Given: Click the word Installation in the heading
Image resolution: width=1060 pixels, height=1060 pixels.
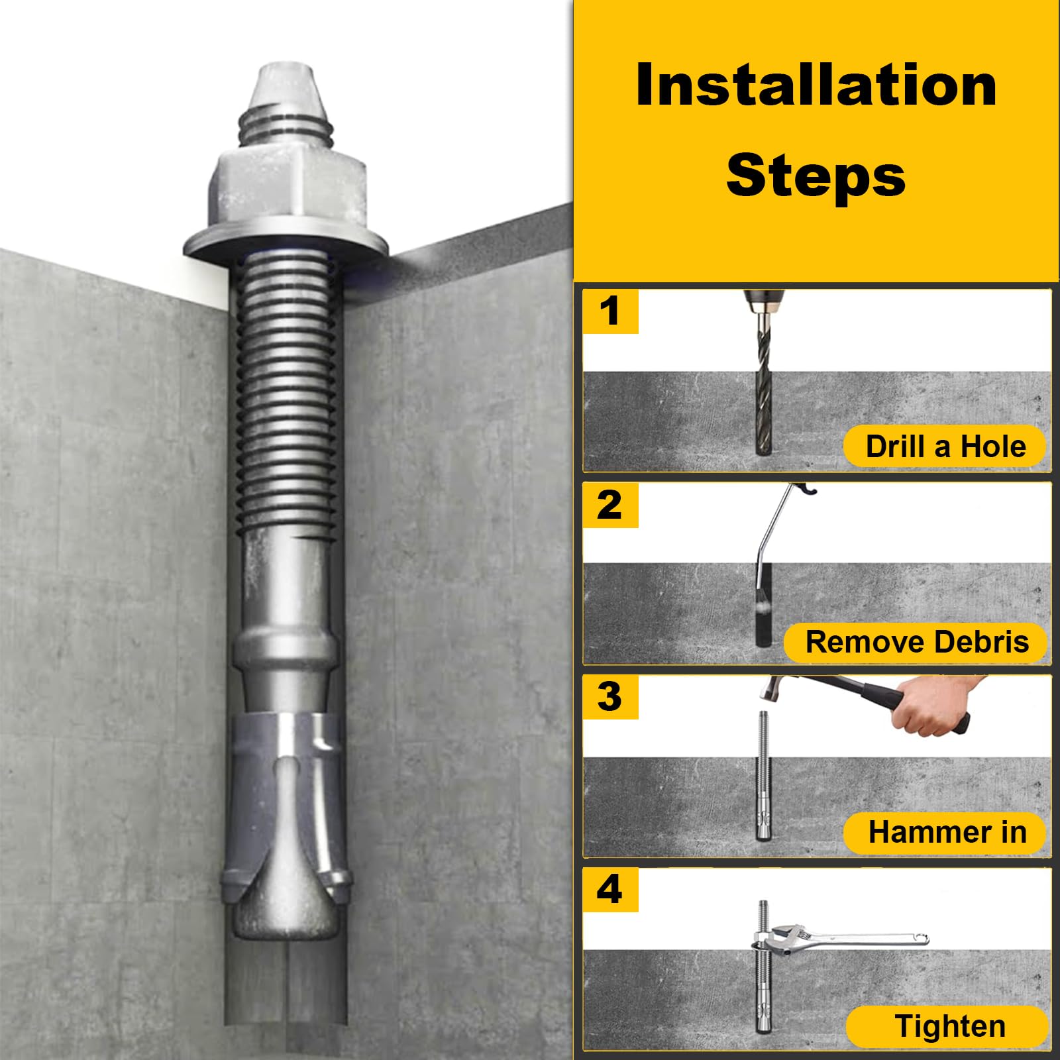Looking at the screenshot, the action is tap(816, 85).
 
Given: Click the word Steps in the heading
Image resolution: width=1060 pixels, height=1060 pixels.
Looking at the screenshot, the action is tap(816, 176).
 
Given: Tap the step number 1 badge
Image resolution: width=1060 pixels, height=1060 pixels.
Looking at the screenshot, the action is tap(610, 311).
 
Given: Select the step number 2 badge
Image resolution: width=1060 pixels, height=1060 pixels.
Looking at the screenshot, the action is tap(610, 505).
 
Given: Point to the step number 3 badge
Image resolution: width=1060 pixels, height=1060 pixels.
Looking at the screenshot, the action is tap(610, 697).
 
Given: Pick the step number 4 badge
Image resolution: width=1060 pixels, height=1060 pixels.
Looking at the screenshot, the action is tap(610, 890).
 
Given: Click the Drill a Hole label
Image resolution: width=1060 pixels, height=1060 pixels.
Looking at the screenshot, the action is tap(945, 447).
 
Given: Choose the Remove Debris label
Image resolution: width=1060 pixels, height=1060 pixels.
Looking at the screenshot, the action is tap(916, 642).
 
